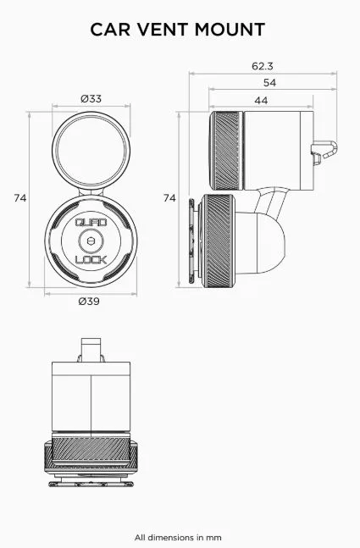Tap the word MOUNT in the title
230,30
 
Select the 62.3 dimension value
263,66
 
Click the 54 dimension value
270,83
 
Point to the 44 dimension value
261,101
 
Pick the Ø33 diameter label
91,99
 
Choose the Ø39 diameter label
89,302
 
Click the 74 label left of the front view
20,198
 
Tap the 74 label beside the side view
169,198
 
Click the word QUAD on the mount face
91,223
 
